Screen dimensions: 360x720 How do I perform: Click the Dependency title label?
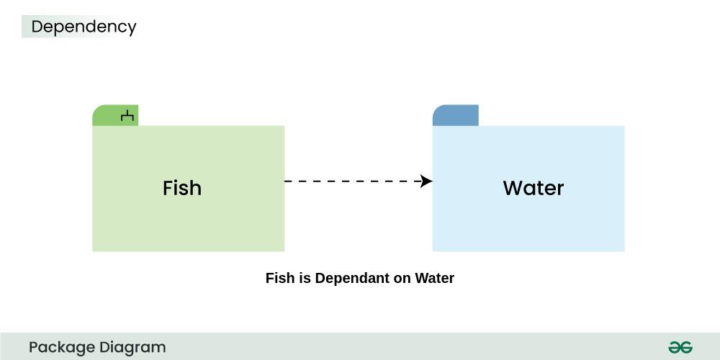[x=84, y=27]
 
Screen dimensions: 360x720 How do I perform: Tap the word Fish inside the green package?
[x=182, y=188]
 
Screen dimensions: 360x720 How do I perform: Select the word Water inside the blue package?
[x=533, y=188]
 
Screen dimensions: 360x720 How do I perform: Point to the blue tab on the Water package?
[x=455, y=115]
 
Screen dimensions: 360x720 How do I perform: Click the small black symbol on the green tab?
[x=127, y=115]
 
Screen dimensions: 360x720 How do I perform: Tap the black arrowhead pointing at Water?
[x=426, y=181]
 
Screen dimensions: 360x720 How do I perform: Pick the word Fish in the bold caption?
[x=280, y=278]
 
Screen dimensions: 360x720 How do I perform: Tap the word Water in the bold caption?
[x=434, y=278]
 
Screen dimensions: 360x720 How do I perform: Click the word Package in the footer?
[x=61, y=347]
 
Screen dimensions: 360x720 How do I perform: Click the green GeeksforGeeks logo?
[x=680, y=347]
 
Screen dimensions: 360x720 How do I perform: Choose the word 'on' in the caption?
[x=402, y=278]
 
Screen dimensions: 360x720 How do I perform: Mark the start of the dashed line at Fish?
[x=287, y=181]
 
